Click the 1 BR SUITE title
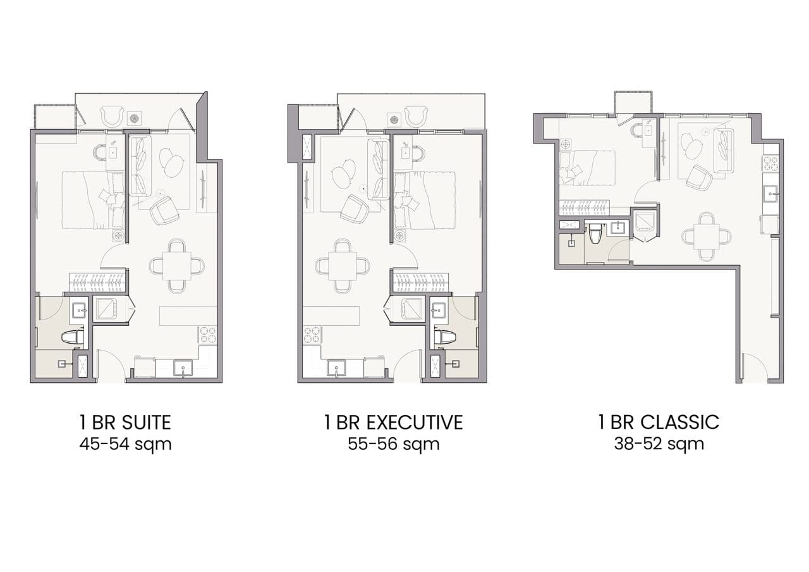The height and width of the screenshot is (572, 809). pos(125,422)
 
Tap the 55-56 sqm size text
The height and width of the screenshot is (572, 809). pos(394,444)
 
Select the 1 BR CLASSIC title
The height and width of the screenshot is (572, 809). pos(659,422)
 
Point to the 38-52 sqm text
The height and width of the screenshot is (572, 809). pos(659,444)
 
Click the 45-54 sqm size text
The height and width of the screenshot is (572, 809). pos(125,444)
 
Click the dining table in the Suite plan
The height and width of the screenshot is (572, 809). pos(176,266)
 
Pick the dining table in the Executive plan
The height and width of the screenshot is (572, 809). pos(343,266)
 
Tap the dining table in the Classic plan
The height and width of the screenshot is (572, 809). pos(706,237)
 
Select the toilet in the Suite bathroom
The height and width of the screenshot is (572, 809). pos(73,337)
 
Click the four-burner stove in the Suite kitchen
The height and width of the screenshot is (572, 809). pos(208,335)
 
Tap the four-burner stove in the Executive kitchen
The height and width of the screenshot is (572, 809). pos(312,335)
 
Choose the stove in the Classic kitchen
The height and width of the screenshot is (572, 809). pos(770,163)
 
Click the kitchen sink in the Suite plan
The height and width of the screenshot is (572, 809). pos(183,368)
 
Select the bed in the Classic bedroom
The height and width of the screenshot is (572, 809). pos(587,168)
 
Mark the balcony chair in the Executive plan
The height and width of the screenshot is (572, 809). pos(416,116)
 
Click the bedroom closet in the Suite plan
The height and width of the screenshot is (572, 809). pos(97,282)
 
